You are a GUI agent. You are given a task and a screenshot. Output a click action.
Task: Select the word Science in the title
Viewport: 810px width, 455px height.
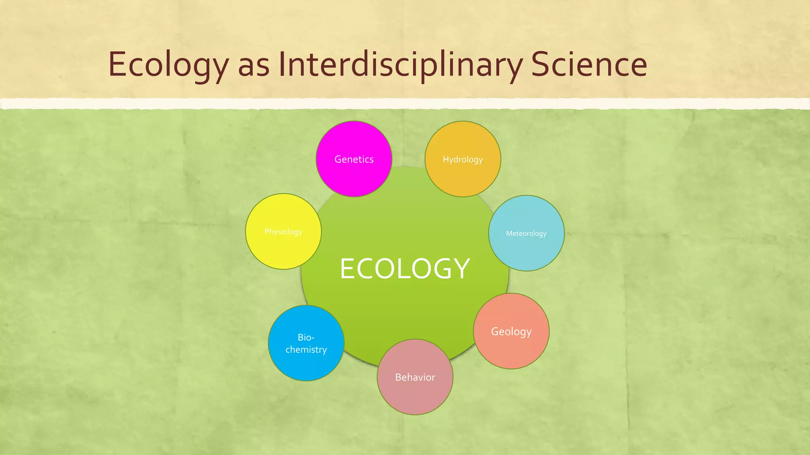[589, 64]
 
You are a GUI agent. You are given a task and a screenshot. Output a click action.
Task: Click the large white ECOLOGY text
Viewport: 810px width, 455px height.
[405, 269]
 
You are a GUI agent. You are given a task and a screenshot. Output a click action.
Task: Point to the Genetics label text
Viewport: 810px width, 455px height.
[354, 159]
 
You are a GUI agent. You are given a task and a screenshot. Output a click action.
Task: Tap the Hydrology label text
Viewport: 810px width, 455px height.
[463, 160]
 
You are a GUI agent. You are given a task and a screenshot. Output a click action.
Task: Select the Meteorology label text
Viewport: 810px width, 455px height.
[526, 233]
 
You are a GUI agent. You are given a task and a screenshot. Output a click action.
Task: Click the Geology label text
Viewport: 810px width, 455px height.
[511, 332]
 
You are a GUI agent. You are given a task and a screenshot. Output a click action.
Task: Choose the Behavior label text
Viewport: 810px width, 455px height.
[415, 377]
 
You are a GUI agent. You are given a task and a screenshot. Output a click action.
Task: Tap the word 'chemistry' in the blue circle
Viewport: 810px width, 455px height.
[306, 350]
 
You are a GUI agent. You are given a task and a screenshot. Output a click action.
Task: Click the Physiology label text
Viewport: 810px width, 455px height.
[283, 231]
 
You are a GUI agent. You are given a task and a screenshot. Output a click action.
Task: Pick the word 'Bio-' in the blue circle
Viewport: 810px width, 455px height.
[306, 337]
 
